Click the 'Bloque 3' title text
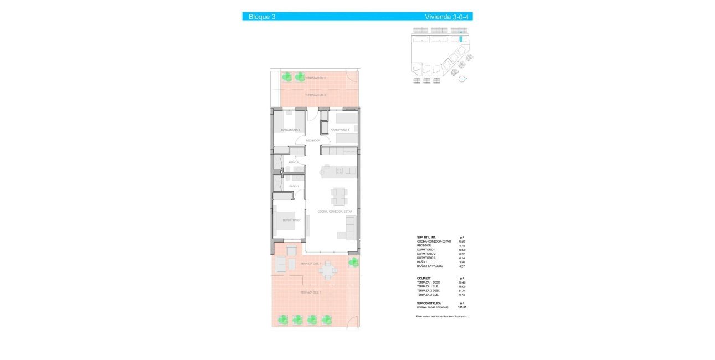[262, 17]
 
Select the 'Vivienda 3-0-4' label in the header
[447, 17]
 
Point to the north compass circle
[462, 79]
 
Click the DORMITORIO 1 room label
[292, 220]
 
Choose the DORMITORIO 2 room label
[291, 130]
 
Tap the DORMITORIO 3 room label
[340, 130]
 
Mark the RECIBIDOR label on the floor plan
[313, 141]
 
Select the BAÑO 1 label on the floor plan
[294, 186]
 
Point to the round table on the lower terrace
[328, 270]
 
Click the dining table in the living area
[339, 196]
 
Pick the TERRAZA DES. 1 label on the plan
[311, 292]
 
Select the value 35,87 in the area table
[462, 241]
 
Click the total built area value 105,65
[462, 306]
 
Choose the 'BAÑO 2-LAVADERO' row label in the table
[430, 266]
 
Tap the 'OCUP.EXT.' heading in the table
[424, 278]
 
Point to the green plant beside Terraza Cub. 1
[352, 261]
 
